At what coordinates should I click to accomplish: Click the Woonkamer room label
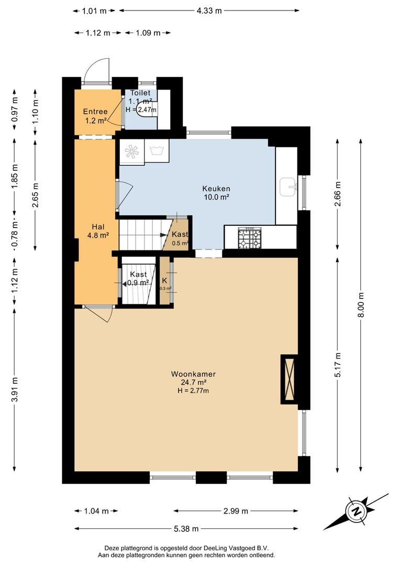tap(193, 374)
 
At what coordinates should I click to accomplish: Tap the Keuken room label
tap(216, 189)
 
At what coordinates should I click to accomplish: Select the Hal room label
tap(98, 227)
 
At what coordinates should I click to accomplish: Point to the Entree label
tap(95, 112)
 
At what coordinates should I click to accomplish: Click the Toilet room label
tap(140, 93)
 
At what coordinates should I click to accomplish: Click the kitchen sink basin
tap(288, 187)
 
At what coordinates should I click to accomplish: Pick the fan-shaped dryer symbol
tap(131, 151)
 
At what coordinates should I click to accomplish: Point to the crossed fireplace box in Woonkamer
tap(290, 379)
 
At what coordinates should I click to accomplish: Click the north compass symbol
tap(355, 511)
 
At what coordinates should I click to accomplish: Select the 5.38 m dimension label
tap(186, 529)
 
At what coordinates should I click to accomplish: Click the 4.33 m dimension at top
tap(209, 10)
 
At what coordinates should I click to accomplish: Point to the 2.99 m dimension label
tap(236, 511)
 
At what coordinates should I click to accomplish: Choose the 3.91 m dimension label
tap(15, 389)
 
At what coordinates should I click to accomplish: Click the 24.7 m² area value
tap(194, 383)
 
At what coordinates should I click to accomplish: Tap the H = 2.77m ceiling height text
tap(193, 390)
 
